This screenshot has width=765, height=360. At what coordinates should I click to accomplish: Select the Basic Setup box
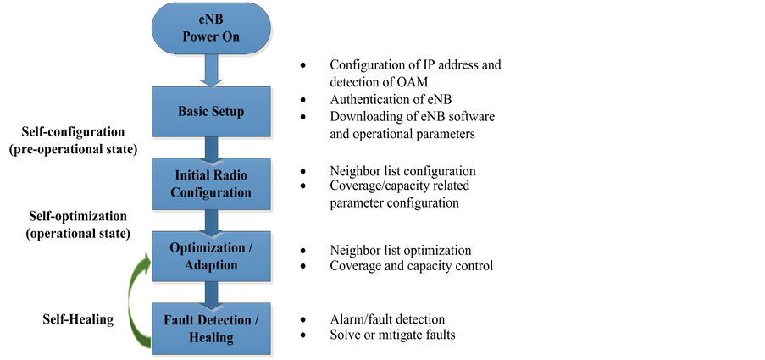(x=212, y=112)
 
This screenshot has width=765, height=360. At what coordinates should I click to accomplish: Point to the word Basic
(x=194, y=112)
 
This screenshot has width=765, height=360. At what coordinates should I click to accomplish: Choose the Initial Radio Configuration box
(x=212, y=184)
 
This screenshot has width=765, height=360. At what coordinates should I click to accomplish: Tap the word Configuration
(x=211, y=192)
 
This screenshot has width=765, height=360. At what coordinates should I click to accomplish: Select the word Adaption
(x=211, y=264)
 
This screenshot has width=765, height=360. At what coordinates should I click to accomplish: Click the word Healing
(x=211, y=337)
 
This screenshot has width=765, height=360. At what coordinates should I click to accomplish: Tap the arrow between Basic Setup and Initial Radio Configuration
(x=211, y=148)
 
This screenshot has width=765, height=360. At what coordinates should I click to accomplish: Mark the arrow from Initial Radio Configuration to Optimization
(x=211, y=220)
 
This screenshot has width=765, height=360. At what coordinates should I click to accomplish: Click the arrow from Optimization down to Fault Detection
(x=211, y=293)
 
